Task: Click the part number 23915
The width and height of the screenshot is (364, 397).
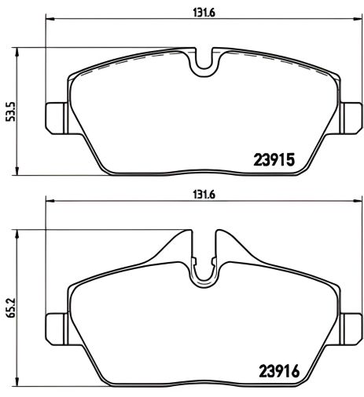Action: point(274,159)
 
